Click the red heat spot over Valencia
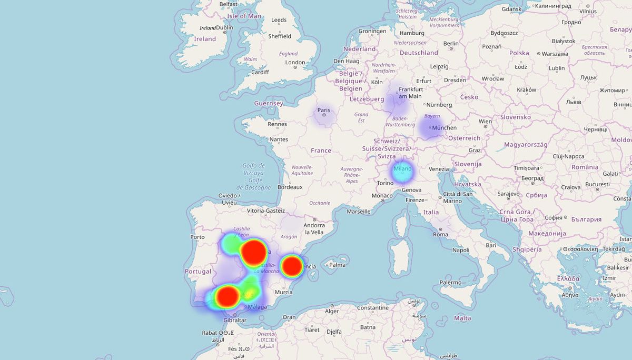click(291, 266)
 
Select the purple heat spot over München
click(430, 128)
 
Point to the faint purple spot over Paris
click(323, 115)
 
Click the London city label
click(295, 62)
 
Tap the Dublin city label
click(224, 28)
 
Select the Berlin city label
click(451, 44)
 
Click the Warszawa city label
click(555, 54)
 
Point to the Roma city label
click(440, 235)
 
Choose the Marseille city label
click(358, 212)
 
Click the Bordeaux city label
click(290, 187)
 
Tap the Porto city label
click(197, 237)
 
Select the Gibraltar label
click(234, 320)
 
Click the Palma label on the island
click(337, 265)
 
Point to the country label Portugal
click(197, 272)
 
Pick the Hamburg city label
click(412, 33)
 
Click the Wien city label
click(485, 122)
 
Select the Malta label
click(462, 318)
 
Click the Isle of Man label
click(244, 16)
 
